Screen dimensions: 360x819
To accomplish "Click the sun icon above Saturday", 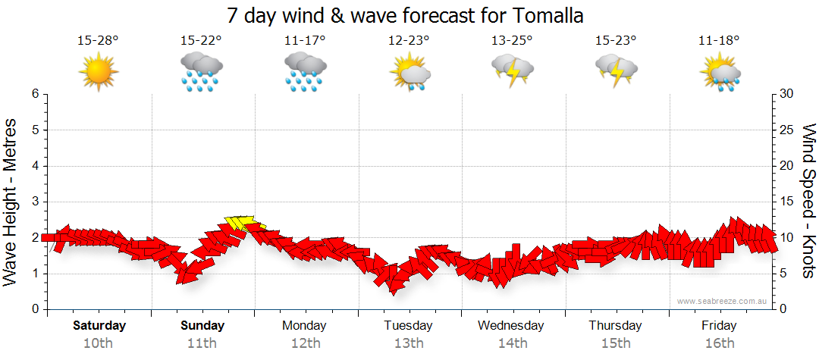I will (99, 71).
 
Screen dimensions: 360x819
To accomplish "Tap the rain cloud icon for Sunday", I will (201, 72).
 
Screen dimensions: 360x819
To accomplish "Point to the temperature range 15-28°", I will (98, 41).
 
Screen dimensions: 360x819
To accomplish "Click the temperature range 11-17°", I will (305, 41).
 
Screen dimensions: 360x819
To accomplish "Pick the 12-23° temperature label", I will (409, 41).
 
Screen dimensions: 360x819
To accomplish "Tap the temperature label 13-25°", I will (512, 41).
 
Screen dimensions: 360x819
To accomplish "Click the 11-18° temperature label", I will (719, 41).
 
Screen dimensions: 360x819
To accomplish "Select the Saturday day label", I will (99, 326).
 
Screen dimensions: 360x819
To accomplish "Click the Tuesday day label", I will (408, 326).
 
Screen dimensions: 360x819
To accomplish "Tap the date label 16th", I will (719, 343).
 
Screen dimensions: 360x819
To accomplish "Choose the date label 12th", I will (305, 343).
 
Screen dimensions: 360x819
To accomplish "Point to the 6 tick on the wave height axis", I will (35, 94).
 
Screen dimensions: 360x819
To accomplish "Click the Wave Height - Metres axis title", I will (12, 201).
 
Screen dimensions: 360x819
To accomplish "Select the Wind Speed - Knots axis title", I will (807, 201).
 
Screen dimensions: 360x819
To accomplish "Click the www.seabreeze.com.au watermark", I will (723, 301).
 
